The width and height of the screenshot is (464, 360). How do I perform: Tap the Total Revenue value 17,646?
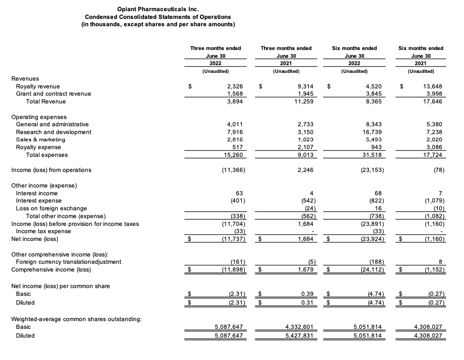(x=432, y=102)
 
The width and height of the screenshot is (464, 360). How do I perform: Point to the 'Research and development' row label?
(x=53, y=132)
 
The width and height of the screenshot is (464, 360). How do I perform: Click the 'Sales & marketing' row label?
(x=40, y=140)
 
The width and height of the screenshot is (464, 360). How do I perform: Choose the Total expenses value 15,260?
(x=232, y=155)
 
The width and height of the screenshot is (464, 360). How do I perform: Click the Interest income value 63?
(x=239, y=193)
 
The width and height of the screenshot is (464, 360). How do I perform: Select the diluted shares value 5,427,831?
(x=298, y=336)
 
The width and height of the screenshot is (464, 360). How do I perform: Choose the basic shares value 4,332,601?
(x=298, y=327)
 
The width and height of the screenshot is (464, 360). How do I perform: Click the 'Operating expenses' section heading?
(x=38, y=117)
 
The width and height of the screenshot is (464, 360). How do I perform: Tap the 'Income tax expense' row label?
(x=43, y=231)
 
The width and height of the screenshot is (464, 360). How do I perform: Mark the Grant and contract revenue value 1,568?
(x=234, y=94)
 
